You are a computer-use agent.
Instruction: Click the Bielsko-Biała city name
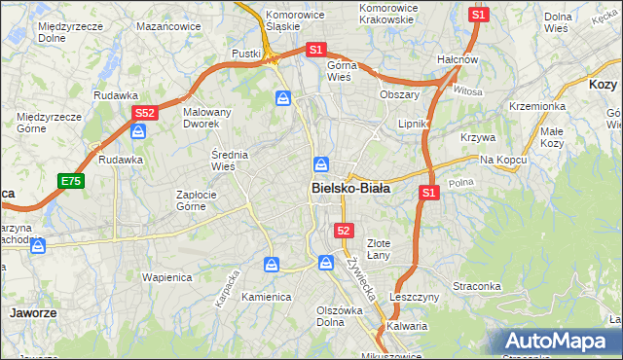click(350, 188)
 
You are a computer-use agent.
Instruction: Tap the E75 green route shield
click(70, 181)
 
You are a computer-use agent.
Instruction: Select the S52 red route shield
click(144, 113)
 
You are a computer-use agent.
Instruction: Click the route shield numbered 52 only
click(344, 230)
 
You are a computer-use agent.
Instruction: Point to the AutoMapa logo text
click(558, 342)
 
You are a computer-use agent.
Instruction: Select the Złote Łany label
click(378, 248)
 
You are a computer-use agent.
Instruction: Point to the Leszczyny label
click(414, 297)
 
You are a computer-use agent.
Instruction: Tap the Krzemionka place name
click(537, 106)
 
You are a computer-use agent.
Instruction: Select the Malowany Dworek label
click(207, 119)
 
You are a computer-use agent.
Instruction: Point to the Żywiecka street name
click(361, 274)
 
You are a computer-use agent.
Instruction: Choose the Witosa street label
click(467, 91)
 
